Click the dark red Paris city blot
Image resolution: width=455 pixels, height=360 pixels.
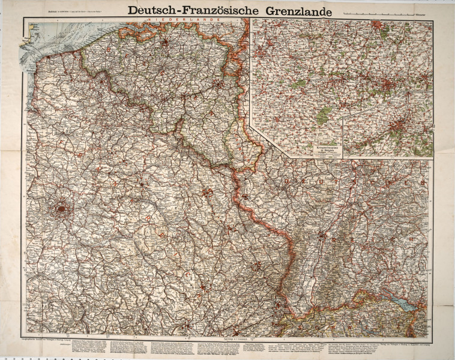tap(61, 209)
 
